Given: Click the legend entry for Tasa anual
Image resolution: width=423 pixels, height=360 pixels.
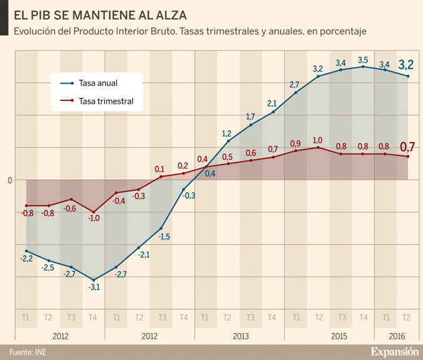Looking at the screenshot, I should tap(98, 83).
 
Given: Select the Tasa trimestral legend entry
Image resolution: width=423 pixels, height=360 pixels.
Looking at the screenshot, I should tap(105, 101).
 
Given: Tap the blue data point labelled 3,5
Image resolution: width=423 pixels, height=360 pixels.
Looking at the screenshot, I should tap(363, 66).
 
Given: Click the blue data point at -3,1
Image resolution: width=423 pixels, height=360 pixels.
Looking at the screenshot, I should tap(94, 280).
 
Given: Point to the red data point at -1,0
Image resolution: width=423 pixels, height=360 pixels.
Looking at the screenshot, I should tap(94, 212).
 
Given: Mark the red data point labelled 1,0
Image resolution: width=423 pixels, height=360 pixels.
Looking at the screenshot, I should tap(318, 147).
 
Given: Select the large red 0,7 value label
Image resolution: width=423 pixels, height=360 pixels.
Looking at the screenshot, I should tap(407, 147).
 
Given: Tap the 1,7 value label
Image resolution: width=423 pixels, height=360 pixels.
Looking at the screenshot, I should tap(250, 117).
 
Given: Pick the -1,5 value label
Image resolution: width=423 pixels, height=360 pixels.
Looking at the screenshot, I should tap(164, 236).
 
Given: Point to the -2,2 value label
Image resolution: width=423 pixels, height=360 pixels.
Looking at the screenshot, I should tap(26, 258).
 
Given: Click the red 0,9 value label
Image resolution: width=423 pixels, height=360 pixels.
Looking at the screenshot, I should tap(296, 143).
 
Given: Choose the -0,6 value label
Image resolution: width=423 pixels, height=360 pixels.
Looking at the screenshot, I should tap(70, 209).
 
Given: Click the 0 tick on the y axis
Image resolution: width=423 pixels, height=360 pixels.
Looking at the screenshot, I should tap(10, 181).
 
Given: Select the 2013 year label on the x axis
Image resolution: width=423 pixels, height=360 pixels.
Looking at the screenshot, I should tap(240, 336).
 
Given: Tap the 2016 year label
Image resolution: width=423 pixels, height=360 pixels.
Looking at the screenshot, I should tap(397, 336).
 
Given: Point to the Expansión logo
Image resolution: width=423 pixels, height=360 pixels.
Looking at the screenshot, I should tap(394, 351).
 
